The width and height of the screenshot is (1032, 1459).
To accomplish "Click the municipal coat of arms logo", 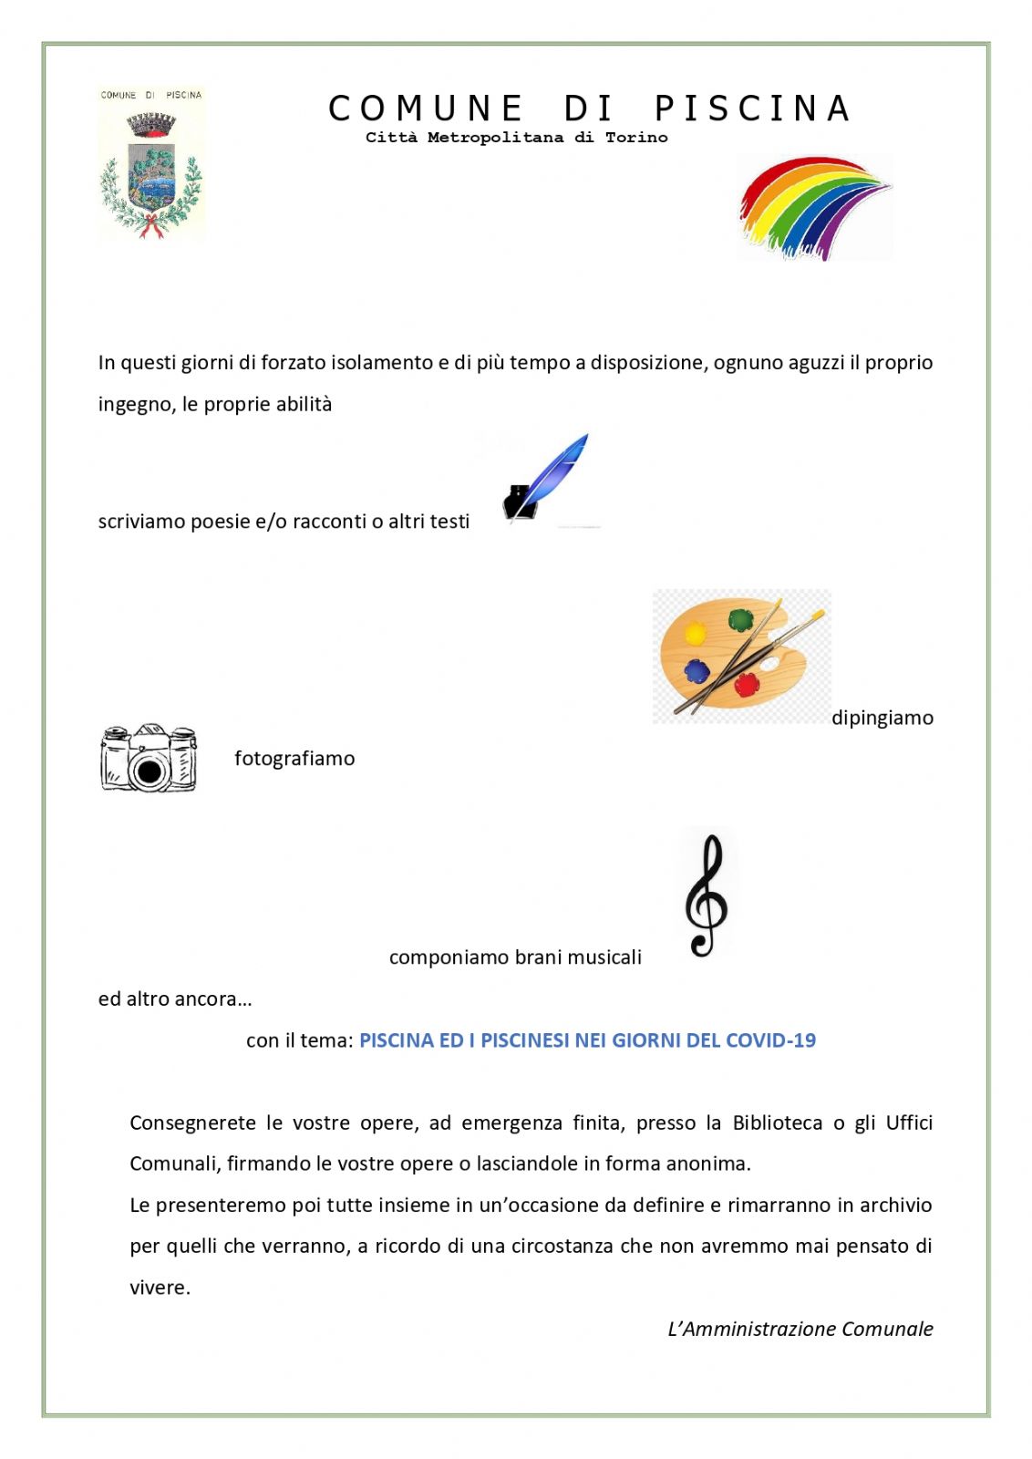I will pyautogui.click(x=151, y=164).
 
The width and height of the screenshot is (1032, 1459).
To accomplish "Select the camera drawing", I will pyautogui.click(x=148, y=758).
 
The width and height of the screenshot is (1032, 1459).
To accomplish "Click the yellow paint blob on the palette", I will pyautogui.click(x=696, y=633).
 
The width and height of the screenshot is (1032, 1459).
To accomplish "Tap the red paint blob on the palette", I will pyautogui.click(x=748, y=684).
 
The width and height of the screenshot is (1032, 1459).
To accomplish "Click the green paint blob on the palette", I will pyautogui.click(x=740, y=620).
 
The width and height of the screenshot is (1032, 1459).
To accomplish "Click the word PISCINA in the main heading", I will pyautogui.click(x=752, y=109).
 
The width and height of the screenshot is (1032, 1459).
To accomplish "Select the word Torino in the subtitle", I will pyautogui.click(x=636, y=138).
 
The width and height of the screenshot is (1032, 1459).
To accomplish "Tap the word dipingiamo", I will pyautogui.click(x=882, y=718).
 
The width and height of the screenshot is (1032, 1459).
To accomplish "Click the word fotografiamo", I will pyautogui.click(x=294, y=759).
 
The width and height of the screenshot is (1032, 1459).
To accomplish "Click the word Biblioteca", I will pyautogui.click(x=777, y=1123).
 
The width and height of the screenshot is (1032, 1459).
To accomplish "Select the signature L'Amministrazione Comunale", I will pyautogui.click(x=800, y=1329).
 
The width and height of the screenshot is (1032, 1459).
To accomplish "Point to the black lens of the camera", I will pyautogui.click(x=150, y=771).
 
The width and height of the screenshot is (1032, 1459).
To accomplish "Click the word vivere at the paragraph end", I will pyautogui.click(x=159, y=1288).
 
